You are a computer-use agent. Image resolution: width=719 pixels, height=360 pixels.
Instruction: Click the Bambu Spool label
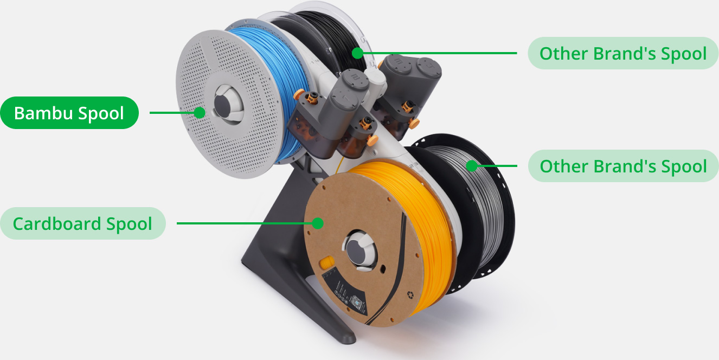[x=69, y=113]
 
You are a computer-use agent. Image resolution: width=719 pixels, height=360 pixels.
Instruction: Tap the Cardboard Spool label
[x=83, y=223]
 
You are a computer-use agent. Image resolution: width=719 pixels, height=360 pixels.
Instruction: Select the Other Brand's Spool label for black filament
[x=622, y=53]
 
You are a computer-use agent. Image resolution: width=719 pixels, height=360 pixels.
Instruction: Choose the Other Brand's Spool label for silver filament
[x=623, y=166]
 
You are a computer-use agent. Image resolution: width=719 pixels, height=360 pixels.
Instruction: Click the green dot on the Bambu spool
[x=200, y=113]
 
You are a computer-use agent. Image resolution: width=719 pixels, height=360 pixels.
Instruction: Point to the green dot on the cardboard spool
[x=318, y=223]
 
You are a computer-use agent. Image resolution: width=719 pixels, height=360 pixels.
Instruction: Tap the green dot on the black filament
[x=357, y=53]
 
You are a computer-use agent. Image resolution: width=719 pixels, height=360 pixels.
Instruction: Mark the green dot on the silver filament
[x=472, y=166]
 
